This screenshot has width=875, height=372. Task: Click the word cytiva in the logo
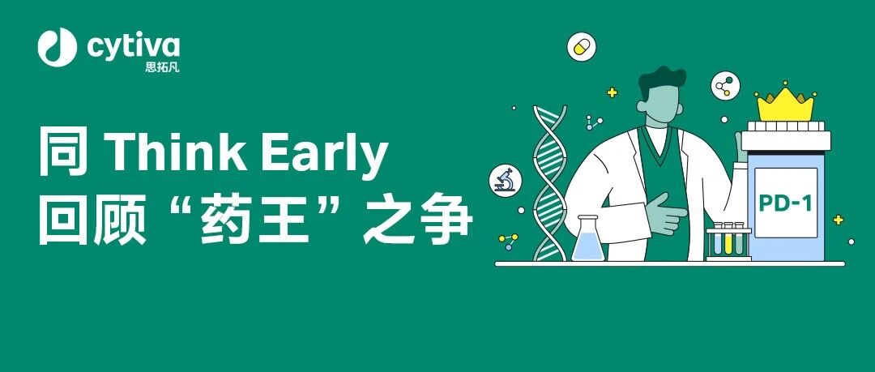point(133,46)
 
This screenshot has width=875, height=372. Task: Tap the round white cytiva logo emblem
point(57,47)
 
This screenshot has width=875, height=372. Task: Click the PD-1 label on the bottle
point(785,203)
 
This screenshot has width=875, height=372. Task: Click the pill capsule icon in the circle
point(582,46)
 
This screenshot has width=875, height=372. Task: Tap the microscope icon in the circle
point(505,180)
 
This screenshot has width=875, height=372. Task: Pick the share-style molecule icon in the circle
point(725,86)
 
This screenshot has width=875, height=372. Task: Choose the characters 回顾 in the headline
point(92,222)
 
